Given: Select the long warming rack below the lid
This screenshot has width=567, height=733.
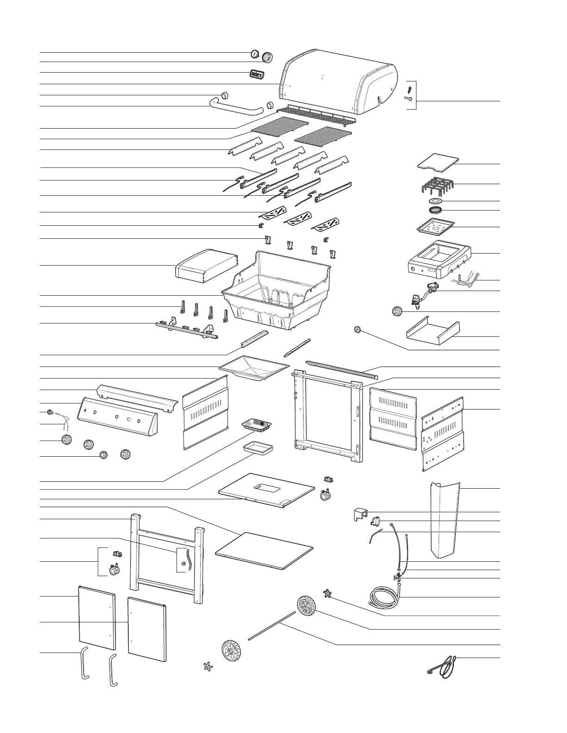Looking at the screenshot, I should pos(316,114).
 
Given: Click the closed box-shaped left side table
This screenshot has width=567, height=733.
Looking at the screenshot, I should pos(206,266).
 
